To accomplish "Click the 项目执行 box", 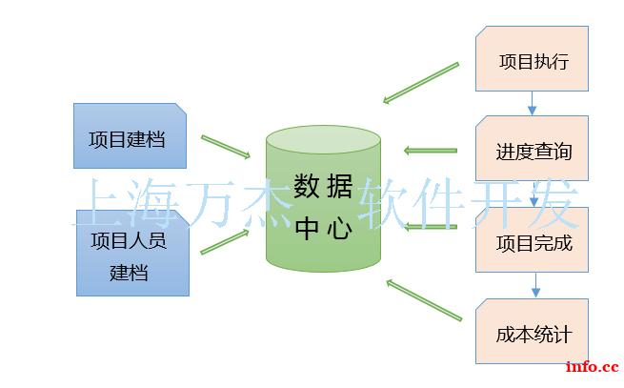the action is coord(532,58).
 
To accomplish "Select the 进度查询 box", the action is coord(532,148).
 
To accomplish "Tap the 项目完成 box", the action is coord(532,240).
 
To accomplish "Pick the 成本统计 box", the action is coord(532,332).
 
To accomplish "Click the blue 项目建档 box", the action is coord(130,135).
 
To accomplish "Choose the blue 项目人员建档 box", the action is coord(132,253).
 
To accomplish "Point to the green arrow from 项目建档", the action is coord(226,147).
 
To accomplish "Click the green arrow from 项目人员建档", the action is coord(225,241).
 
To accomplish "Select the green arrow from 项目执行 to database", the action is coord(421,83).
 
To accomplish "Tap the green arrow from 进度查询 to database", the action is coord(431,151).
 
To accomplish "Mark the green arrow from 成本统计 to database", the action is coord(424,300).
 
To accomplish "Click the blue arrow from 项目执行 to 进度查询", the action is coord(532,104).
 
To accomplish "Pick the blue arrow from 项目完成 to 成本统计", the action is coord(535,285).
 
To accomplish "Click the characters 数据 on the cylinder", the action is coord(323,186).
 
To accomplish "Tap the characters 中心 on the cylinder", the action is coord(323,228).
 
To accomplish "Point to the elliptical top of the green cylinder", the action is coord(323,140).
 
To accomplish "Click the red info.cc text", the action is coord(593,366).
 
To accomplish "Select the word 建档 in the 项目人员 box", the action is coord(129,273).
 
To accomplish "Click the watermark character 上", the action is coord(99,204).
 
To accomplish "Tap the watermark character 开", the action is coord(496,204).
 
